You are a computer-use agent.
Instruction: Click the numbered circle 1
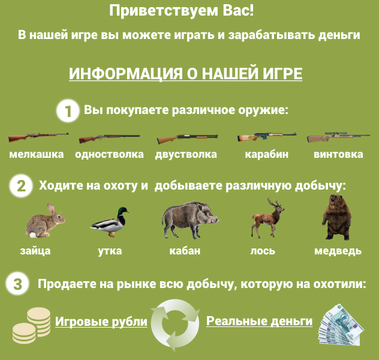point(68,111)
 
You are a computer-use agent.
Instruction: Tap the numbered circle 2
point(21,186)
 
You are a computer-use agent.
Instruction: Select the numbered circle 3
point(17,284)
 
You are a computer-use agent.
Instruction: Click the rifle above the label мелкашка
point(38,137)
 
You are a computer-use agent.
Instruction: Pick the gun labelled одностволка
point(109,139)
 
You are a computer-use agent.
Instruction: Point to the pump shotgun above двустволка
point(187,139)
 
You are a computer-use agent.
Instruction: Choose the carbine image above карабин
point(267,137)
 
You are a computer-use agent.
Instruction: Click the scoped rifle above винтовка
point(338,137)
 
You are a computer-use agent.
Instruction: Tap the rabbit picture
point(46,220)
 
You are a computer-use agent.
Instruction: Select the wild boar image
point(190,220)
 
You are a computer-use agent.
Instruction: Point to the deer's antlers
point(275,203)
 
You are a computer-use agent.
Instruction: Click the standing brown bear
point(336,217)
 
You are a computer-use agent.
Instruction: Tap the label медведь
point(338,251)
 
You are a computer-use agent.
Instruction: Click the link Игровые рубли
point(101,322)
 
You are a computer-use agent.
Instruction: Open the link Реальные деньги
point(259,321)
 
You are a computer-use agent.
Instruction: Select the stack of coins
point(31,325)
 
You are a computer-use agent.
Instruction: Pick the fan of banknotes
point(341,325)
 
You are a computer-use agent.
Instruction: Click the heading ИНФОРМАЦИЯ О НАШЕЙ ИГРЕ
point(186,73)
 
